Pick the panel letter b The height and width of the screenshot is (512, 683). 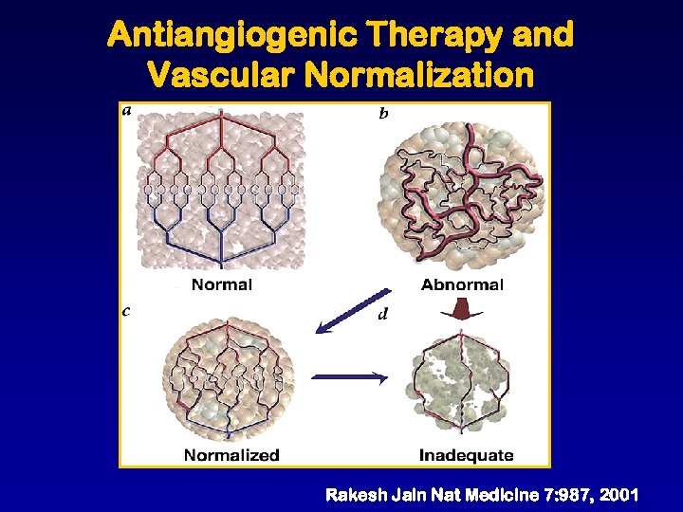click(383, 114)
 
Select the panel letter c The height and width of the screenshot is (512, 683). click(127, 309)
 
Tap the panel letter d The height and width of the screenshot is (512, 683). click(382, 313)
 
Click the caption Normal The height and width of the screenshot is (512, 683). click(222, 283)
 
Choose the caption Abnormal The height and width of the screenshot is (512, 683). click(462, 283)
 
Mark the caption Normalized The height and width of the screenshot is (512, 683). click(231, 454)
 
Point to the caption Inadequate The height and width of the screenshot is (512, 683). click(466, 454)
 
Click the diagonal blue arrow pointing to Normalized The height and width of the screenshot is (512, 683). click(352, 311)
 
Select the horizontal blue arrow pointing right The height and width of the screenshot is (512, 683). click(350, 377)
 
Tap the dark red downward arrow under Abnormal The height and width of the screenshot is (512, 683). click(462, 310)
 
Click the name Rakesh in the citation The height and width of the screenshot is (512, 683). click(356, 495)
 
